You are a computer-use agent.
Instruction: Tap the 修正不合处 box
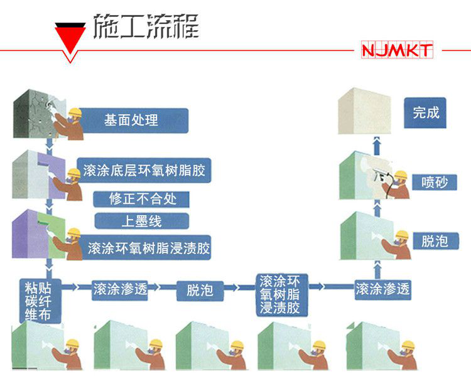pos(140,200)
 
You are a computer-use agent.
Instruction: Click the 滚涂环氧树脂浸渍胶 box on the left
pos(148,248)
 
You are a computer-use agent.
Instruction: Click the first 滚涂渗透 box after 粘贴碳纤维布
pos(119,290)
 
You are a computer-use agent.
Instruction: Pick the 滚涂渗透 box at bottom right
pos(382,289)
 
